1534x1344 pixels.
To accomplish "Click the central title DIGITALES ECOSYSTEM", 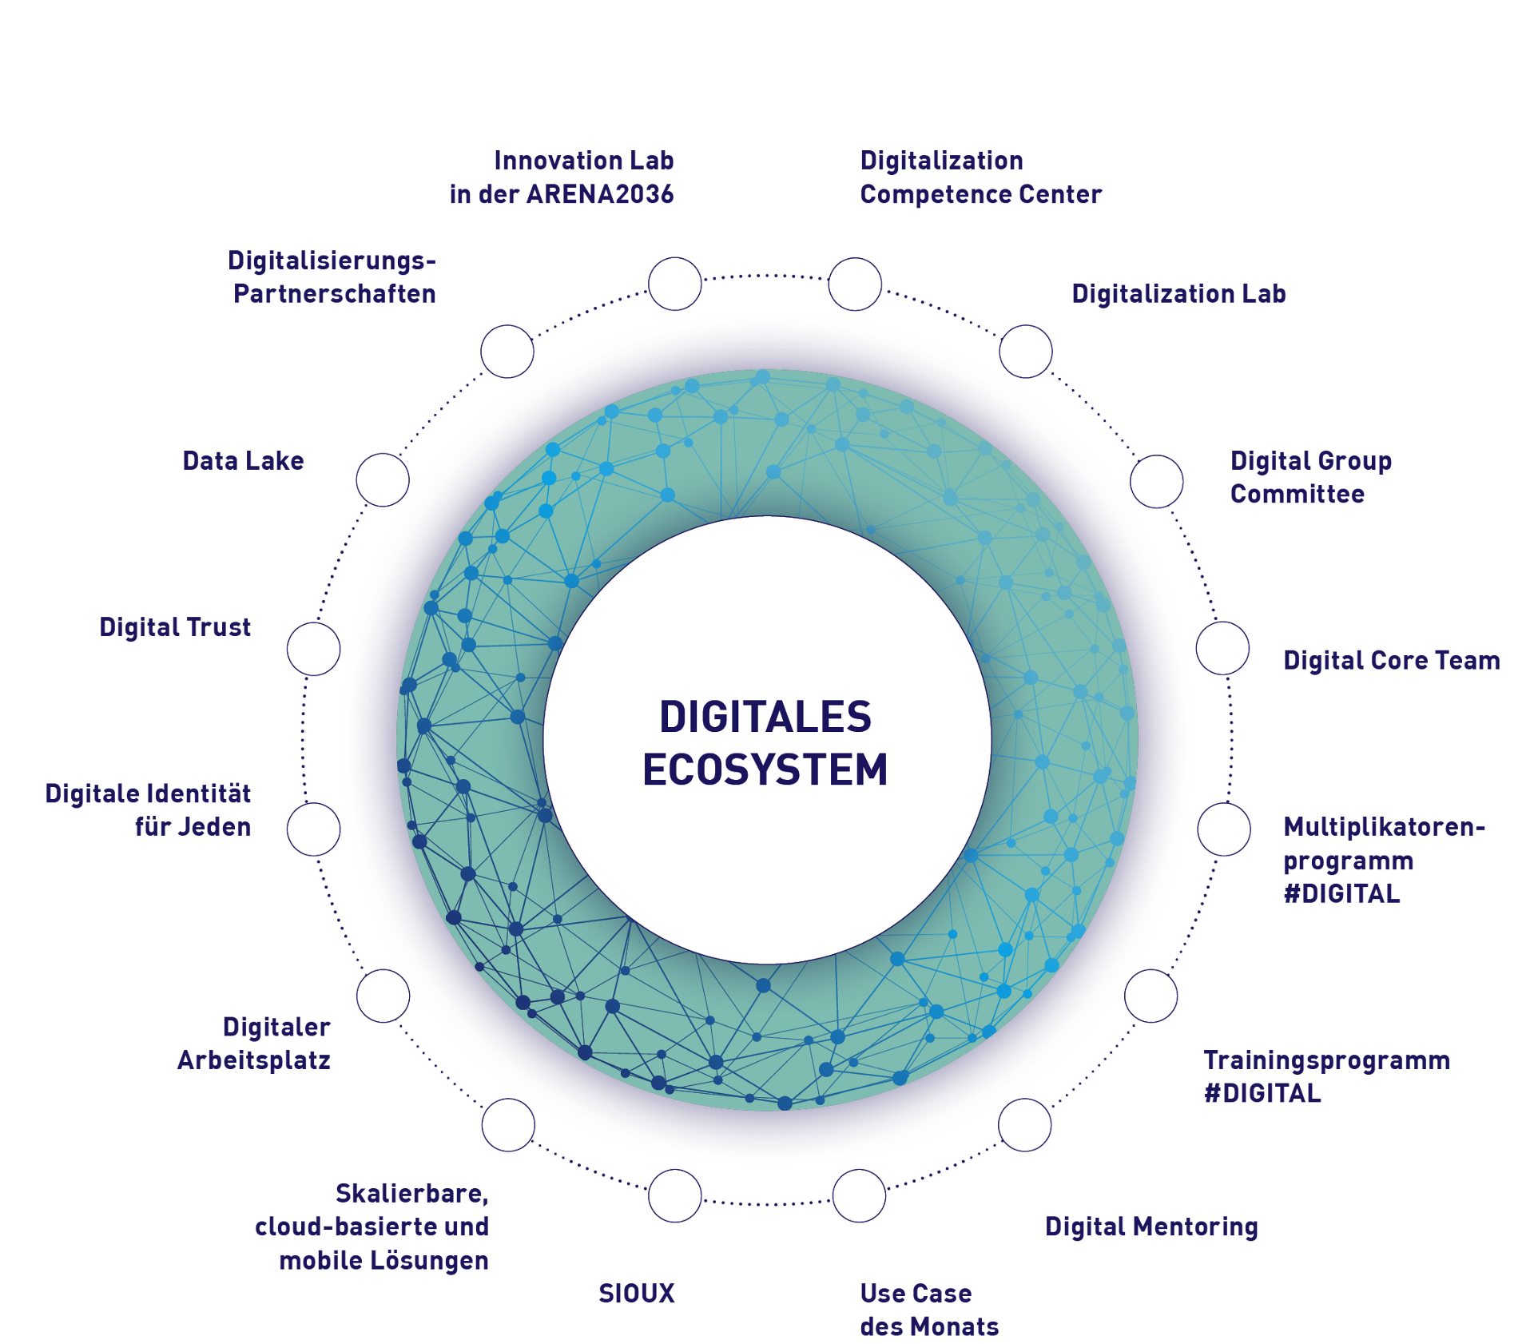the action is coord(765,742).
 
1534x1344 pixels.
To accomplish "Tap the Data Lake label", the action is coord(243,461).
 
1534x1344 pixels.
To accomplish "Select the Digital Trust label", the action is coord(175,627).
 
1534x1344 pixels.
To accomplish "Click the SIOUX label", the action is coord(637,1293).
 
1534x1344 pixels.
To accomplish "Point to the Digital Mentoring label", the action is coord(1151,1227).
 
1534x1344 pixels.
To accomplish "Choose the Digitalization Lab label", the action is coord(1178,294).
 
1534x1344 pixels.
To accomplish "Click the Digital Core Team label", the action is coord(1391,661).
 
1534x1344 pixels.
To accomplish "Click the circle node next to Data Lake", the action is coord(383,480).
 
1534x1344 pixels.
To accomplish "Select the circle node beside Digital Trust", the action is coord(314,649).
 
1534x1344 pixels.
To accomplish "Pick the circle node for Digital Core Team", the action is coord(1222,648).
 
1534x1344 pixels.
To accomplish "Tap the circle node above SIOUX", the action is coord(675,1195).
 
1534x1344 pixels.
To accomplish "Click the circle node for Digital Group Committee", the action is coord(1156,481).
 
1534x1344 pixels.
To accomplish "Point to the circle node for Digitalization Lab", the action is coord(1026,352).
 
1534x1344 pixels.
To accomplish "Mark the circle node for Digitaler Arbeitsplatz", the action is coord(383,996).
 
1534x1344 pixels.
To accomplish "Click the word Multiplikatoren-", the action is coord(1384,826).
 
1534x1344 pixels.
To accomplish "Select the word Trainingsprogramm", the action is coord(1326,1060).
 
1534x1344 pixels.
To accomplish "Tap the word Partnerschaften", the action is coord(335,294).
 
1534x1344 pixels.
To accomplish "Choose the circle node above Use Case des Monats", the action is coord(859,1195).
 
